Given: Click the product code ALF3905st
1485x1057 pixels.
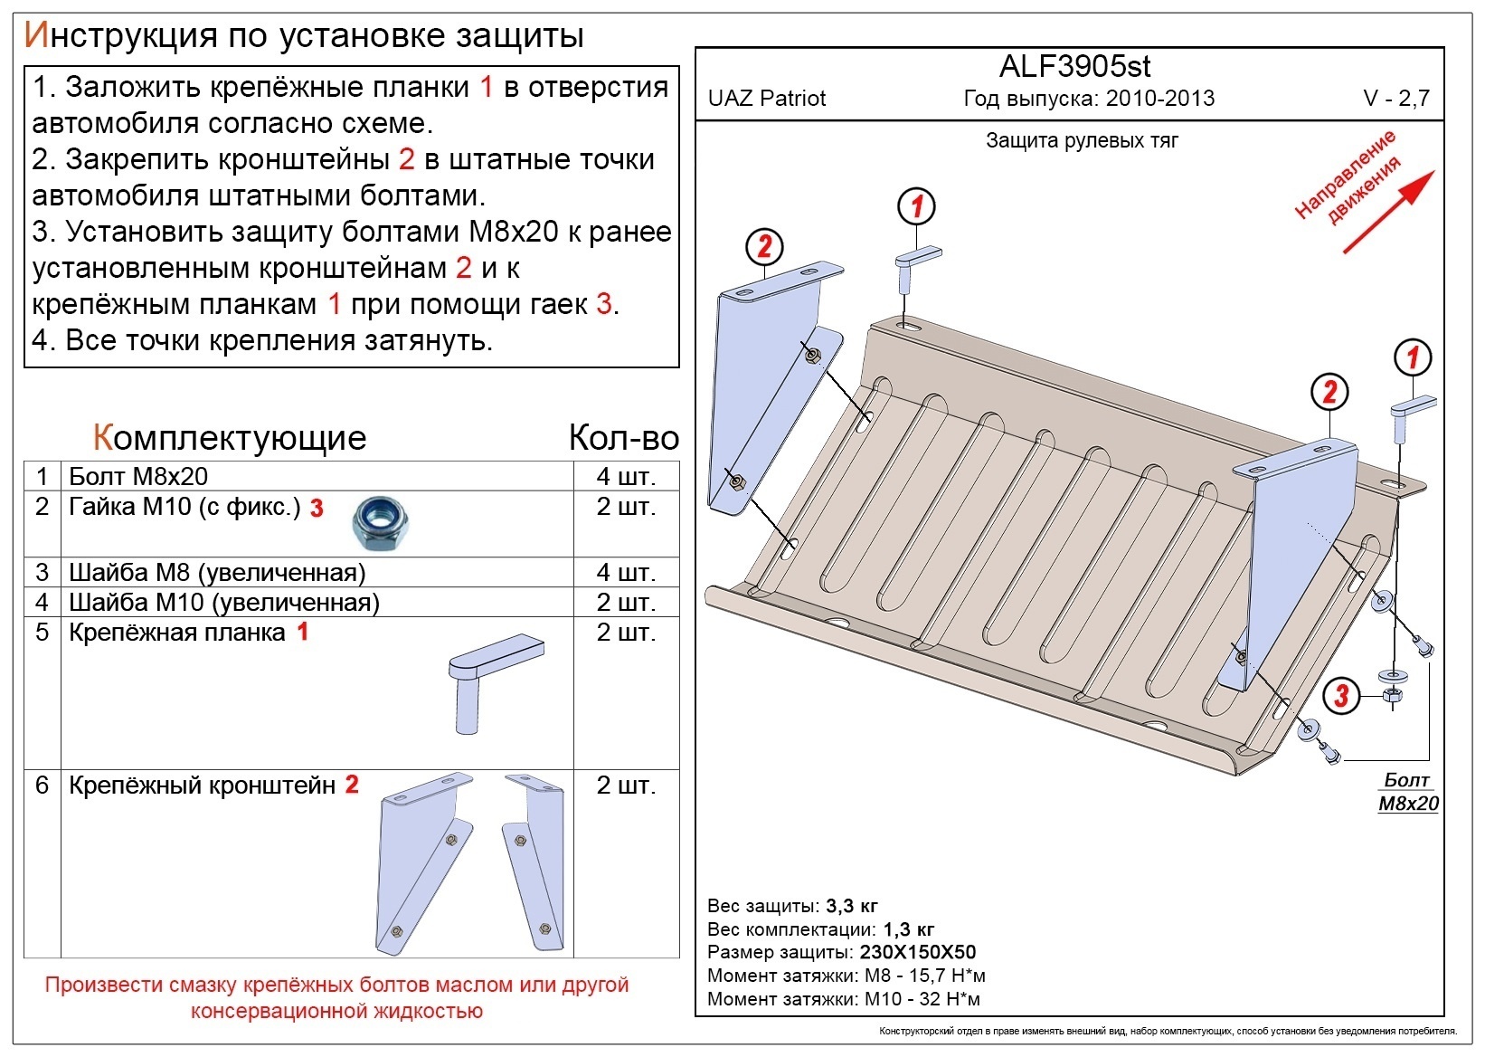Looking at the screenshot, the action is [x=1074, y=66].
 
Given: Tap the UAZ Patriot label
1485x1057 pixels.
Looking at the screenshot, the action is [x=766, y=99].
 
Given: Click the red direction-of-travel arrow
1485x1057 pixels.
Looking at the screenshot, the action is [x=1389, y=213].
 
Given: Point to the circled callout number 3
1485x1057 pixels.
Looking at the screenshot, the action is [x=1341, y=696].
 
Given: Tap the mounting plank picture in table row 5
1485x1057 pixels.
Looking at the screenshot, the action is [x=496, y=683].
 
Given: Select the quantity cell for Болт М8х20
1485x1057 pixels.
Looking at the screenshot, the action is [x=626, y=476].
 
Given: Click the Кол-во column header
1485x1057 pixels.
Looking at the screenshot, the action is [x=624, y=438].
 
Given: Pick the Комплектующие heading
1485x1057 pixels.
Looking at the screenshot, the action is [x=230, y=438].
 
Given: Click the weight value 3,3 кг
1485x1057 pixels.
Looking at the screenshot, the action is [x=852, y=906].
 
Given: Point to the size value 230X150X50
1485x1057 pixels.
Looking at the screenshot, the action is [x=918, y=952].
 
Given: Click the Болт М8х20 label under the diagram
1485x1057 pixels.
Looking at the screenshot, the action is [x=1409, y=792].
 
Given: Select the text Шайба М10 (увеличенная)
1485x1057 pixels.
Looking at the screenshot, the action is [x=224, y=603].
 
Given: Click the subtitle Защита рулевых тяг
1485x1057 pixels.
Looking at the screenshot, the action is [x=1082, y=140].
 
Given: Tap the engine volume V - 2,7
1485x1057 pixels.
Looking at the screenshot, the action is [x=1396, y=99].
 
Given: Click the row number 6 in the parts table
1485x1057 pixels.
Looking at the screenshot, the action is [x=42, y=785].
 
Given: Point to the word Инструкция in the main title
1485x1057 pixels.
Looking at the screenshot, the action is [x=121, y=36].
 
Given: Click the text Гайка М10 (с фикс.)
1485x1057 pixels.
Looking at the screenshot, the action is [x=185, y=507].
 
